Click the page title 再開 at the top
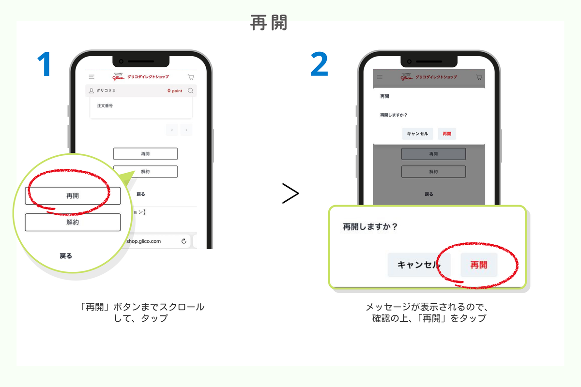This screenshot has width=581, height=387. coord(269,23)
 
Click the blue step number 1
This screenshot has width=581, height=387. coord(44,64)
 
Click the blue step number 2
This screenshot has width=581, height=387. coord(319,64)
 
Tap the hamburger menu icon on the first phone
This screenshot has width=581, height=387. coord(92,77)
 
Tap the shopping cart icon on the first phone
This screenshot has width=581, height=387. coord(191,77)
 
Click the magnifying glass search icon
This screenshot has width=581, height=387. coord(191,91)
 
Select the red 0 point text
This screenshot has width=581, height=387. coord(175,91)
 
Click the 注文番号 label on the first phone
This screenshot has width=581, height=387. coord(105,106)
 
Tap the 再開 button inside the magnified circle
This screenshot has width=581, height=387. coord(73,196)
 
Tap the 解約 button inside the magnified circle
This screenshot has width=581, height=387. coord(73,222)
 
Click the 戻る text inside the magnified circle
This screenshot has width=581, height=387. coord(66,256)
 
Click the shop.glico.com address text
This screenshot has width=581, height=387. coord(143,241)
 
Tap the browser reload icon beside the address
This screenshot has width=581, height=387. coord(184,241)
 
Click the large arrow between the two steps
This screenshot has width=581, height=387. coord(290,193)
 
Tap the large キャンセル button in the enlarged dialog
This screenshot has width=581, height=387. coord(419,265)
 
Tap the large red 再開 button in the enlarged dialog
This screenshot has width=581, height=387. coord(479,265)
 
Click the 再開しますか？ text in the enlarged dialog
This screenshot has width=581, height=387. coord(370,227)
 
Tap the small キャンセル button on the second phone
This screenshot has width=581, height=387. coord(417,134)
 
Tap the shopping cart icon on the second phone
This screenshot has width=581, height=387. coord(479,77)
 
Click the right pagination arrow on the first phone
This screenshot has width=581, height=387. coord(186,130)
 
